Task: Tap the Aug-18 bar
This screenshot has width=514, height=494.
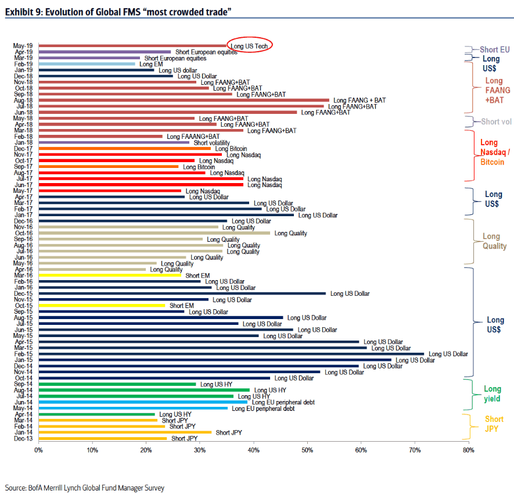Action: coord(184,100)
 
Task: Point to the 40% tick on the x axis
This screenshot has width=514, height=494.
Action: coord(254,450)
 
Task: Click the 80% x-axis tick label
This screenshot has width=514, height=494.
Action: coord(469,450)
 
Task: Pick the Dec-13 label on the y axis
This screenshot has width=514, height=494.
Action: coord(23,439)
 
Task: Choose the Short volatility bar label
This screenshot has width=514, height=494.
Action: coord(211,142)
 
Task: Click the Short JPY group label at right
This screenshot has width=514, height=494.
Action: coord(494,424)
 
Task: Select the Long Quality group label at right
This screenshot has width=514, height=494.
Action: coord(491,241)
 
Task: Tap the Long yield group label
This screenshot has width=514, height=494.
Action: coord(493,394)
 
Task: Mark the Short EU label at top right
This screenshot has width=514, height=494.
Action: coord(494,50)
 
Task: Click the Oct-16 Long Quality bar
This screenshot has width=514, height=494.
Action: coord(154,233)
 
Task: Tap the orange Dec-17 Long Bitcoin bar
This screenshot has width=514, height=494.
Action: coord(124,149)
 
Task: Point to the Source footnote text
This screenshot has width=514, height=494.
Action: coord(85,488)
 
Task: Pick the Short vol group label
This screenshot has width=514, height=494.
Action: coord(495,122)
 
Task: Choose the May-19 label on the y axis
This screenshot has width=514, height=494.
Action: coord(23,45)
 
